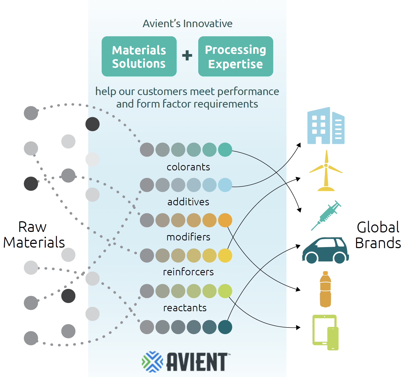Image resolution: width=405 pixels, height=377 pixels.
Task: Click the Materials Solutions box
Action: pos(139,56)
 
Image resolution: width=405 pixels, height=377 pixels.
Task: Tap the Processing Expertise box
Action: pos(236,56)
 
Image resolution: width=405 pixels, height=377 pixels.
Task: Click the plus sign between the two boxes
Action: pos(187,55)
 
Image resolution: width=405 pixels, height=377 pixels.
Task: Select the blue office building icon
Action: pos(326,126)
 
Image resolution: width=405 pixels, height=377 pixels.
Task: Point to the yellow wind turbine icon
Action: pos(326,170)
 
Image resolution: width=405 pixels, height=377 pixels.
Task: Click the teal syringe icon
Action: pos(326,215)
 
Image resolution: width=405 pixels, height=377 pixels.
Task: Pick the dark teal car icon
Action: pos(325,250)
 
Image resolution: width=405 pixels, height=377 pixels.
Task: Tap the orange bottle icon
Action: pos(325,289)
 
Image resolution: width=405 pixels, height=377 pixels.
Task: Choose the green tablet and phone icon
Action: pos(325,332)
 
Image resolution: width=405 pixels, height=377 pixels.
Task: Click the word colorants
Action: pos(188,167)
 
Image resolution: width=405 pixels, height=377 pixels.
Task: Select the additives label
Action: pos(188,202)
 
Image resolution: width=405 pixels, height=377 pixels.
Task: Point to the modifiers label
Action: pos(188,237)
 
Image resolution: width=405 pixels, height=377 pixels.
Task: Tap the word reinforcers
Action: pos(188,272)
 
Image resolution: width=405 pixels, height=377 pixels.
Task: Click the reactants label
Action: pos(185,308)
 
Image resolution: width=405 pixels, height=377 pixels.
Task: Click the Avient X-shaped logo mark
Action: pos(152,362)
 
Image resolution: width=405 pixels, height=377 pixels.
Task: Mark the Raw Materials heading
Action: pos(34,235)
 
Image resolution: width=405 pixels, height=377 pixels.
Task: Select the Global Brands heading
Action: pos(378,235)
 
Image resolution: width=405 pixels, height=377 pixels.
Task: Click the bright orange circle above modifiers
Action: pos(225,220)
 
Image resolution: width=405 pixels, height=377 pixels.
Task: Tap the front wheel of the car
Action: pos(311,258)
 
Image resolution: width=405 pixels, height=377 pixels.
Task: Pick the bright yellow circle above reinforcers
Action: pos(225,256)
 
